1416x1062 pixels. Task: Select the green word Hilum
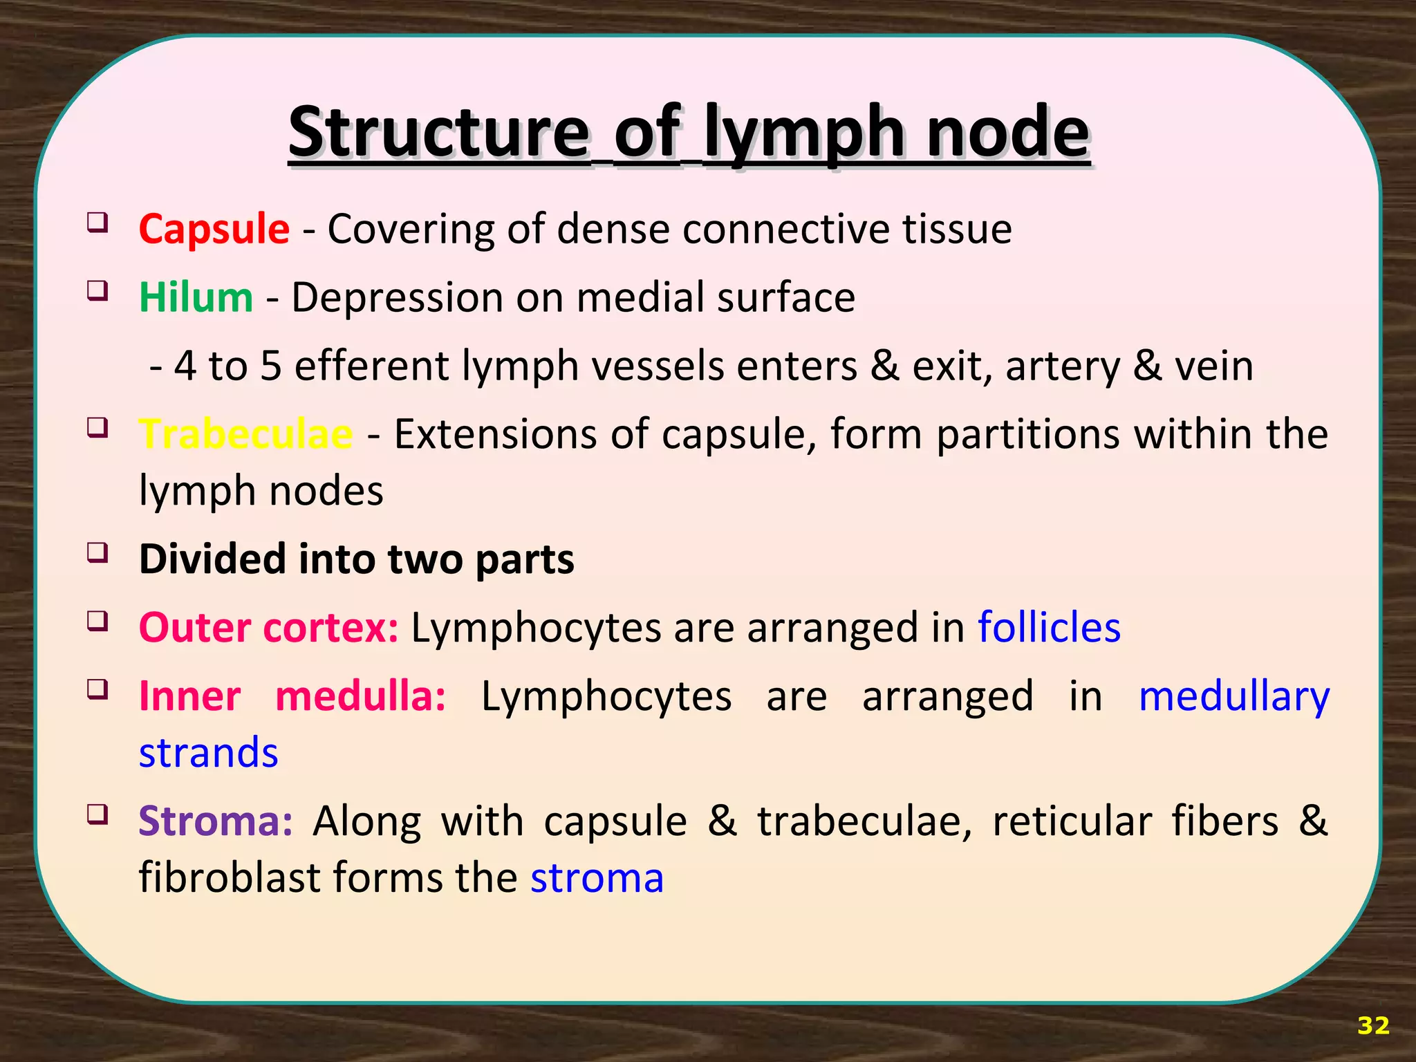click(196, 297)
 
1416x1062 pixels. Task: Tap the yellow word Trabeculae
click(245, 435)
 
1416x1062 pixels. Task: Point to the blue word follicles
click(1049, 628)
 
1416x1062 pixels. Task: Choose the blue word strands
click(208, 752)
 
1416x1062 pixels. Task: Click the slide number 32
click(1373, 1025)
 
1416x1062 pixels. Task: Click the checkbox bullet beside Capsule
click(97, 223)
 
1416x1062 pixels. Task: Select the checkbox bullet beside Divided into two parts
click(97, 552)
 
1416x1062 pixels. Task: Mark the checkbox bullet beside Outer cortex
click(97, 621)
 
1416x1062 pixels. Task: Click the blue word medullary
click(1233, 697)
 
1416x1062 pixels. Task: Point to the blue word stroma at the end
click(597, 878)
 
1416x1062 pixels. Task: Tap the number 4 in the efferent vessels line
click(185, 366)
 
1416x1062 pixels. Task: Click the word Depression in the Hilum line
click(397, 298)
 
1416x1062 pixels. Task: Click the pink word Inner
click(190, 696)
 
